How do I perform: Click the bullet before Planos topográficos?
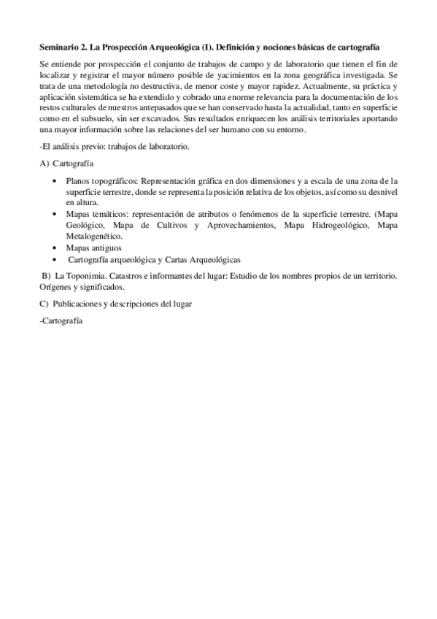(58, 180)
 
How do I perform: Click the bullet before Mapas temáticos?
(58, 215)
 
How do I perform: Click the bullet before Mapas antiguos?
(58, 248)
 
